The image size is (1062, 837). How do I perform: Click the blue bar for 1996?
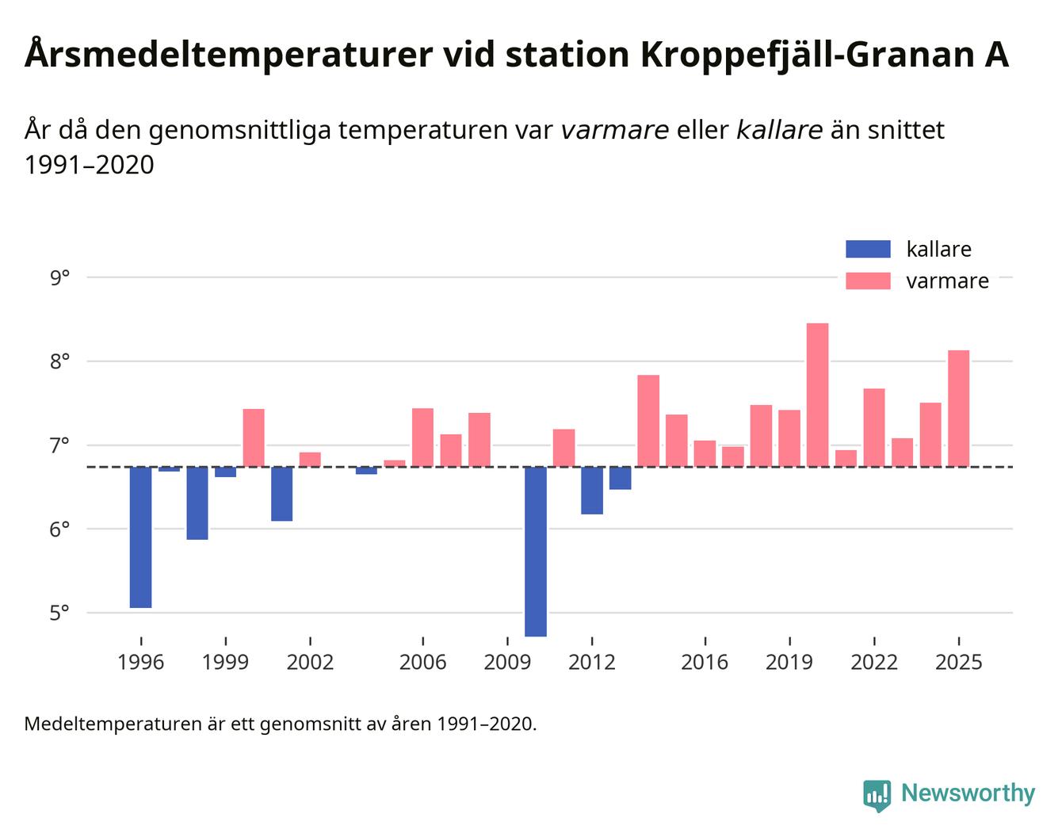click(140, 537)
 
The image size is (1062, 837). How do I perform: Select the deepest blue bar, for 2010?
click(535, 552)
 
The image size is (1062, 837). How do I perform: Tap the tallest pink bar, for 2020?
click(817, 395)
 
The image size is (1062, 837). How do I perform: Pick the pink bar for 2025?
click(958, 408)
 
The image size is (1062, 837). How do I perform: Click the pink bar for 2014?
click(648, 421)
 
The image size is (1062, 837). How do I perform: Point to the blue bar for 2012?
click(591, 491)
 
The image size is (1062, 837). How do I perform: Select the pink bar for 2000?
click(254, 438)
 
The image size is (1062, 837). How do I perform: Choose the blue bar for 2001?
click(281, 494)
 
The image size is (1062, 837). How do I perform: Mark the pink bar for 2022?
click(873, 427)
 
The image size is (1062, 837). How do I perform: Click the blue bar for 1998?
click(197, 503)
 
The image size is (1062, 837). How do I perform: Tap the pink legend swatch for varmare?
click(868, 281)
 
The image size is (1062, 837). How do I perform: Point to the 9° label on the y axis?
click(59, 278)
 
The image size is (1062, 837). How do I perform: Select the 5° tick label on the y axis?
click(59, 613)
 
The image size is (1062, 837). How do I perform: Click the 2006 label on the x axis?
click(422, 662)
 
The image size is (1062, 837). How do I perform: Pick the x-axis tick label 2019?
click(789, 662)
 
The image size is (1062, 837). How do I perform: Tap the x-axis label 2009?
click(507, 662)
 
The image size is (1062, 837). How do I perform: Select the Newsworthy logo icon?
click(877, 794)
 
